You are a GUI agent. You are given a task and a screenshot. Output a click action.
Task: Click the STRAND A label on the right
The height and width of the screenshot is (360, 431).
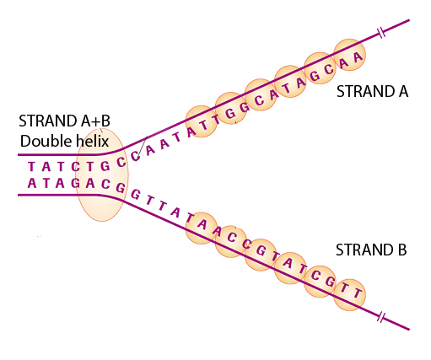pyautogui.click(x=372, y=91)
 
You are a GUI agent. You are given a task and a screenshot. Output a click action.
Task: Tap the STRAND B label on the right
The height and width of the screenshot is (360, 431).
pyautogui.click(x=371, y=250)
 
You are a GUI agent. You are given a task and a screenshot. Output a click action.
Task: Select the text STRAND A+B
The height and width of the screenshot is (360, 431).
pyautogui.click(x=64, y=121)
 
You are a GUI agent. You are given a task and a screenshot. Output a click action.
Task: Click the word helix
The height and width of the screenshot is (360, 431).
pyautogui.click(x=93, y=141)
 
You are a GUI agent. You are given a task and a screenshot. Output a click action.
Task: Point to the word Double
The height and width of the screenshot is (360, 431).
pyautogui.click(x=46, y=141)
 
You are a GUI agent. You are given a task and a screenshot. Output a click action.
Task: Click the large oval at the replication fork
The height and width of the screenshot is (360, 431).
pyautogui.click(x=102, y=175)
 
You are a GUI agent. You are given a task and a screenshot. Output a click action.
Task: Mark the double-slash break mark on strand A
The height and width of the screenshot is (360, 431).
pyautogui.click(x=381, y=33)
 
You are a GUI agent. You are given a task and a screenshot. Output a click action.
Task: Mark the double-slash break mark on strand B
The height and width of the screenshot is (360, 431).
pyautogui.click(x=381, y=317)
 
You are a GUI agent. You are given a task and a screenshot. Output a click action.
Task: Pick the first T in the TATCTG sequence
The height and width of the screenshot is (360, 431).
pyautogui.click(x=31, y=167)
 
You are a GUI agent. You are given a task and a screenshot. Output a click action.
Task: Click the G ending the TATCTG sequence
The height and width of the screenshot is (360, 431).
pyautogui.click(x=105, y=166)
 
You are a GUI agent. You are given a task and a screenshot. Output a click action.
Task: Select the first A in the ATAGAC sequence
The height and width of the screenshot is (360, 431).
pyautogui.click(x=32, y=183)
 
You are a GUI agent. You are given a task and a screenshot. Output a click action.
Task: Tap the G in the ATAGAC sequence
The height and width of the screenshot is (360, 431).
pyautogui.click(x=75, y=183)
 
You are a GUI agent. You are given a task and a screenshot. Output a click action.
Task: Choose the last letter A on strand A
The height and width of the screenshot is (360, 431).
pyautogui.click(x=358, y=57)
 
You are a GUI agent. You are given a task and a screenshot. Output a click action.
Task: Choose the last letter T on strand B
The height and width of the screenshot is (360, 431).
pyautogui.click(x=357, y=293)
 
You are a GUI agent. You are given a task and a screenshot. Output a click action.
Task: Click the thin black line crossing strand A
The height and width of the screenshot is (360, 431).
pyautogui.click(x=142, y=148)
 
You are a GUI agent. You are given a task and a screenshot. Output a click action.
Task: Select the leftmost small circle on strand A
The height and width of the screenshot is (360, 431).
pyautogui.click(x=202, y=121)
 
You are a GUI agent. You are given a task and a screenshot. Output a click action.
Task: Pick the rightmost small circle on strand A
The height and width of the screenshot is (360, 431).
pyautogui.click(x=349, y=55)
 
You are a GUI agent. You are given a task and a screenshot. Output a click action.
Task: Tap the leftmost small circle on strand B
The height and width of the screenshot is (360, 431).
pyautogui.click(x=202, y=228)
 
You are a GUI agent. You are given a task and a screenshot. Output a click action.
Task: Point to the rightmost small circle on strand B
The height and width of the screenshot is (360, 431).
pyautogui.click(x=350, y=295)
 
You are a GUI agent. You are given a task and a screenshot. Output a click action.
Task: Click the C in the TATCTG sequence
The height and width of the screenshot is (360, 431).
pyautogui.click(x=75, y=167)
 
